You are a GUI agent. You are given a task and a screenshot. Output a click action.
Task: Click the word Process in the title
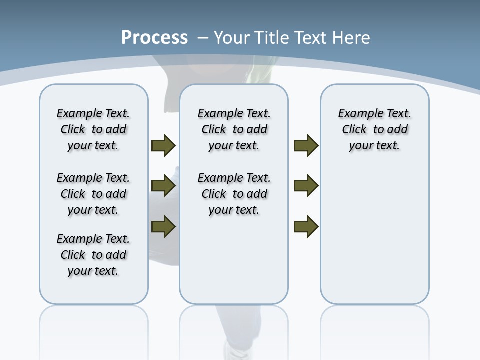click(x=154, y=38)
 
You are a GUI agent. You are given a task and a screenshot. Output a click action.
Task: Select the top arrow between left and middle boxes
click(x=163, y=146)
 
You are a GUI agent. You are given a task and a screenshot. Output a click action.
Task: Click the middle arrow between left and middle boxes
click(x=163, y=186)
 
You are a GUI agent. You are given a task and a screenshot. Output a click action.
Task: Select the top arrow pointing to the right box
click(x=306, y=146)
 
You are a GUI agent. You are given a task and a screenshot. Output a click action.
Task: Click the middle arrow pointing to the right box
click(x=306, y=186)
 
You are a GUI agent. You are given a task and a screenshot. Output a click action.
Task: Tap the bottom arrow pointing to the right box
click(x=306, y=226)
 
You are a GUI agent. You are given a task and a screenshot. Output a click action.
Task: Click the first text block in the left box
click(x=93, y=129)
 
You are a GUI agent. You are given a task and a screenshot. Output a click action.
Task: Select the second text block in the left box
click(x=93, y=194)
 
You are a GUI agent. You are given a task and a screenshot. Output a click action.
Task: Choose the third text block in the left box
click(x=93, y=255)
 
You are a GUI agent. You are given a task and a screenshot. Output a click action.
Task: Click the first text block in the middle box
click(x=234, y=129)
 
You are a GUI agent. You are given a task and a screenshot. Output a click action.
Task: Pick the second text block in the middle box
click(x=234, y=194)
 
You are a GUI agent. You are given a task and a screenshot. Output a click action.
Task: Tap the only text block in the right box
click(x=374, y=129)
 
